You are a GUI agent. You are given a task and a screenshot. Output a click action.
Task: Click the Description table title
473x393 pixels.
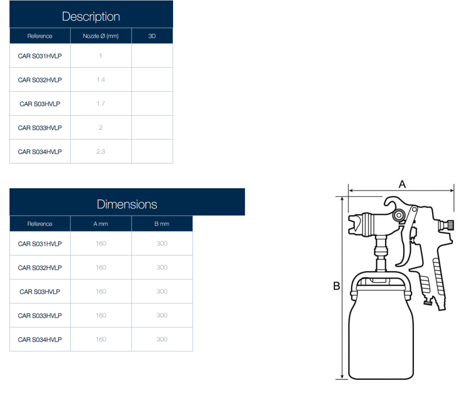(91, 16)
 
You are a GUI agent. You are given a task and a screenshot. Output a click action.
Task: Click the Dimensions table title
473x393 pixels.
(127, 204)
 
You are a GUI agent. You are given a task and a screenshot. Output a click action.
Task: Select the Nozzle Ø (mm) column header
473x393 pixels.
(100, 36)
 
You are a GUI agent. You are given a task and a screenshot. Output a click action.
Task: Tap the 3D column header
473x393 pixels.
(152, 36)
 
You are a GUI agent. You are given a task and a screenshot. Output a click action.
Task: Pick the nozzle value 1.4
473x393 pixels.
(100, 80)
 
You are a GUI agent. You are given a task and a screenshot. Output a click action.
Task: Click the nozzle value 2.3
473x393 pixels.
(100, 151)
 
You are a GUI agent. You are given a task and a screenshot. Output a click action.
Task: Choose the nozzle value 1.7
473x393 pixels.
(100, 104)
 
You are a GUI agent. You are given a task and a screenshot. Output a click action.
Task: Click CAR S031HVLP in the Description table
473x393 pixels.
(40, 56)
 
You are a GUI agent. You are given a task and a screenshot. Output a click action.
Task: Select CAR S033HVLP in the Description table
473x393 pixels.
(40, 128)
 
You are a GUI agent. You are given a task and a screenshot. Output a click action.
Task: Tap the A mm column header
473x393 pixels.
(100, 224)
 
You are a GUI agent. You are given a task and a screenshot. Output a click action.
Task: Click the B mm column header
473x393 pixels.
(162, 224)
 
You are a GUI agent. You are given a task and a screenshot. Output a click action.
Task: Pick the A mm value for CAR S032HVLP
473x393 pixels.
(101, 267)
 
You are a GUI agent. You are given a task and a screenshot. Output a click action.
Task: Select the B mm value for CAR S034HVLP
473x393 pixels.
(162, 340)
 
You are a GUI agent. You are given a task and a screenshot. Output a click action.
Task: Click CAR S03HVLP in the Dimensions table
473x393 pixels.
(40, 291)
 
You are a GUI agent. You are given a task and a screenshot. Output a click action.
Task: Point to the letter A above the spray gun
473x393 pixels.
(402, 184)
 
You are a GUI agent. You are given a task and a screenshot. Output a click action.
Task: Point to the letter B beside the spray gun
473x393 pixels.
(336, 285)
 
